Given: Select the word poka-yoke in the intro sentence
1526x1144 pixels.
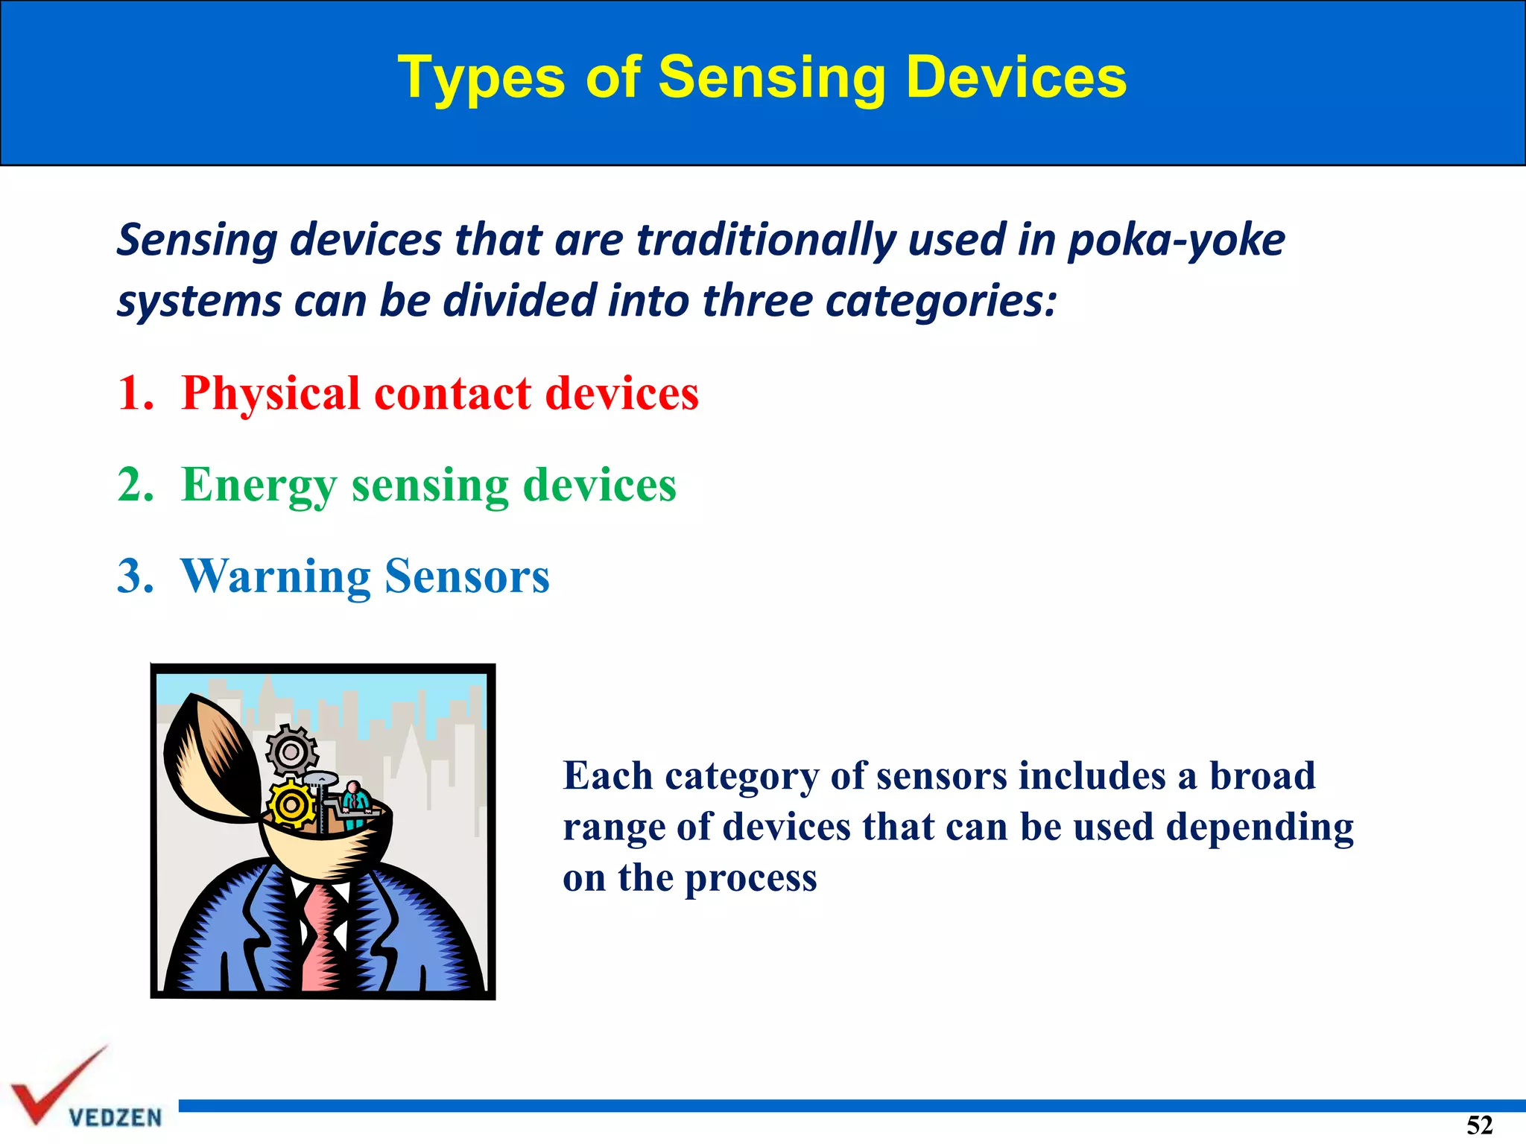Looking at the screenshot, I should [x=1176, y=240].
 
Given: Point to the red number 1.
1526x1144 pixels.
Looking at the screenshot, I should [x=134, y=393].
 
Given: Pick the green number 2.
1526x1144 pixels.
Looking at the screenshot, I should [x=135, y=485].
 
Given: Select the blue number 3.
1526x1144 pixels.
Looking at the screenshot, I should [x=135, y=576].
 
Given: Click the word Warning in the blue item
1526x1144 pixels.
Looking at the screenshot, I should [x=276, y=577].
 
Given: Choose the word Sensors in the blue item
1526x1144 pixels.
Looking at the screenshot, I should [x=467, y=577].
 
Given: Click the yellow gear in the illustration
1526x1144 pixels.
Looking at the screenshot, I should [x=291, y=804].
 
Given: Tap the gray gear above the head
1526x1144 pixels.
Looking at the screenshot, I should [x=291, y=751].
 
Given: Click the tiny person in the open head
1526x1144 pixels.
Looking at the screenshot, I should [x=355, y=803].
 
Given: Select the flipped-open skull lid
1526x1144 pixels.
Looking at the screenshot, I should [x=209, y=760].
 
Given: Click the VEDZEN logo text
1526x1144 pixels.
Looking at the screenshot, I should [x=115, y=1117].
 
